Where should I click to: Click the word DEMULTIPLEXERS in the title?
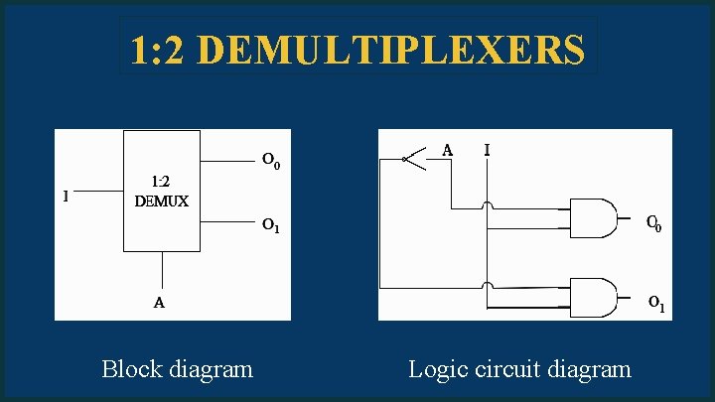[x=397, y=49]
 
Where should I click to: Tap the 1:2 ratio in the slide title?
[x=164, y=49]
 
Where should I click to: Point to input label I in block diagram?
[x=66, y=196]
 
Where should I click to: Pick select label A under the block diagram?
[x=159, y=303]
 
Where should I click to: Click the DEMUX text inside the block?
[x=161, y=201]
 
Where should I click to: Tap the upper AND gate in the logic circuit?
[x=592, y=217]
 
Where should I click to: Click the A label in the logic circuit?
[x=448, y=150]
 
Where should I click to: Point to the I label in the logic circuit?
[x=487, y=150]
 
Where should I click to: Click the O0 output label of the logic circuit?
[x=654, y=224]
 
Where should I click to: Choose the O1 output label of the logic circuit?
[x=655, y=303]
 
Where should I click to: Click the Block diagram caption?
[x=177, y=369]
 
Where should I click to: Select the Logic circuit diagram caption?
[x=519, y=369]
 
